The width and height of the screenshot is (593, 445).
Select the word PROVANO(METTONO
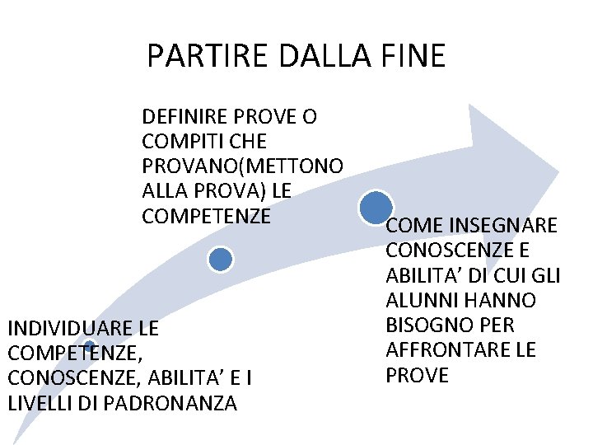pyautogui.click(x=243, y=166)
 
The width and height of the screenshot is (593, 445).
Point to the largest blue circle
pyautogui.click(x=376, y=207)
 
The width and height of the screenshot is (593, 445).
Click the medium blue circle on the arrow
pyautogui.click(x=221, y=260)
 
